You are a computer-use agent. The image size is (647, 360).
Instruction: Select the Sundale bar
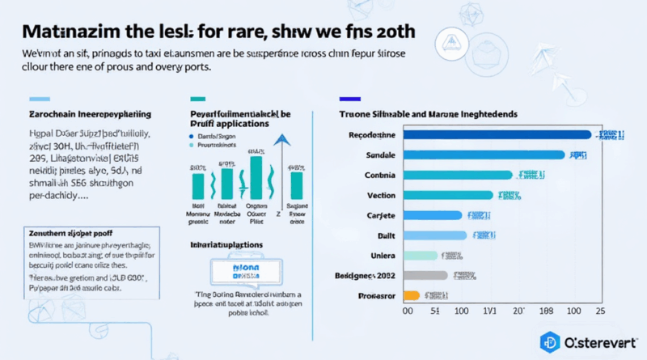point(481,155)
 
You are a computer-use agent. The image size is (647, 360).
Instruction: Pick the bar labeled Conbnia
point(457,175)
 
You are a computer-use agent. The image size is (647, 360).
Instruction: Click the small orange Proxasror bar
point(411,295)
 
